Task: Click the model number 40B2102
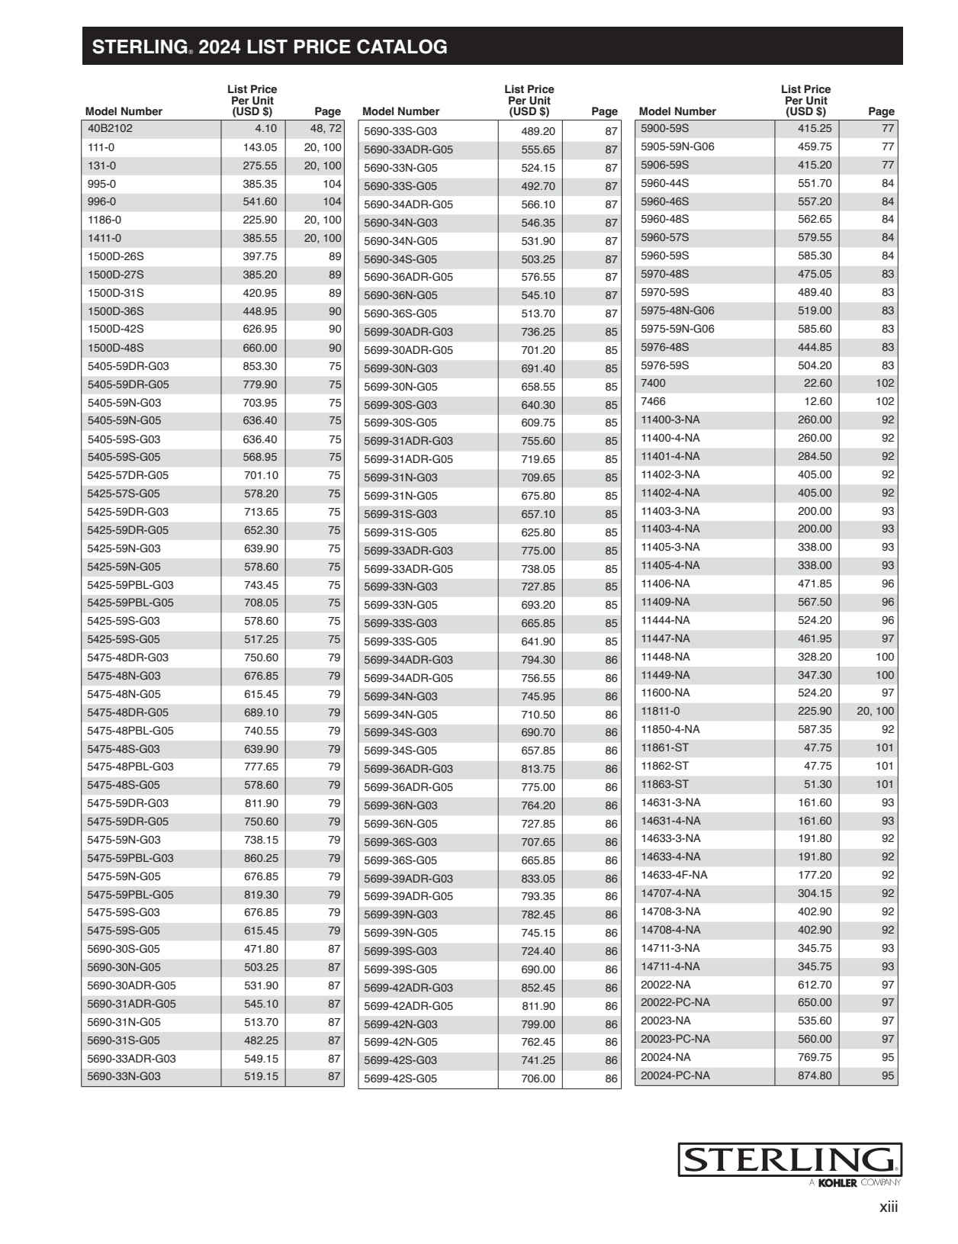110,129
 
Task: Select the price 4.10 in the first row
265,129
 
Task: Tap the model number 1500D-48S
115,348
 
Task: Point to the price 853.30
260,366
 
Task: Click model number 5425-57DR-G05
127,475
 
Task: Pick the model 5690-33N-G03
124,1076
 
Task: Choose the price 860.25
260,858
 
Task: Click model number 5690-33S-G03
400,131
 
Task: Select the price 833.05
538,879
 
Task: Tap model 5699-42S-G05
400,1078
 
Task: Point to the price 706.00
538,1078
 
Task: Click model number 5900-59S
664,128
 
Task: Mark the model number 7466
653,401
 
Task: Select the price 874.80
815,1075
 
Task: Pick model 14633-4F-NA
673,875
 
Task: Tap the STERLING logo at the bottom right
789,1160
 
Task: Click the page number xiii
889,1207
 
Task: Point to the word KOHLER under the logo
837,1183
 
